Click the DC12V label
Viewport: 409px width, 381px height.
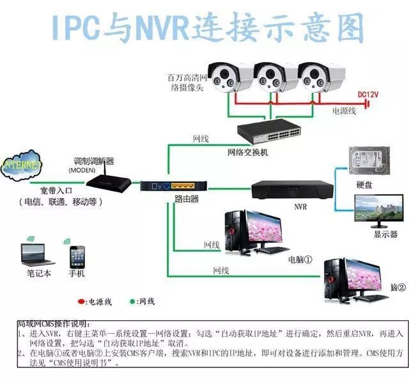coord(367,94)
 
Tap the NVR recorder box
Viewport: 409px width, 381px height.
coord(291,189)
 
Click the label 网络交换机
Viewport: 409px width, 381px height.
coord(249,153)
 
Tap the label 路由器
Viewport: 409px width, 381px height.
coord(186,199)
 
